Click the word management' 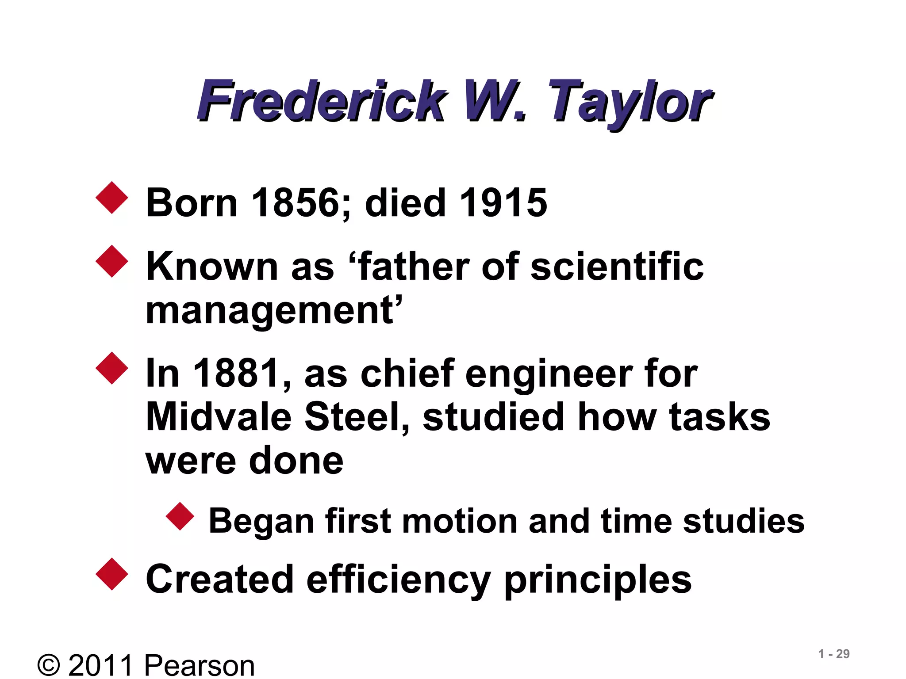(274, 311)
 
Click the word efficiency (398, 580)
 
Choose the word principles (597, 580)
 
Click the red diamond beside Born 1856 (112, 198)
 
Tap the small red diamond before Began (180, 516)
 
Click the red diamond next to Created (112, 574)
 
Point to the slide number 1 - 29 (833, 654)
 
